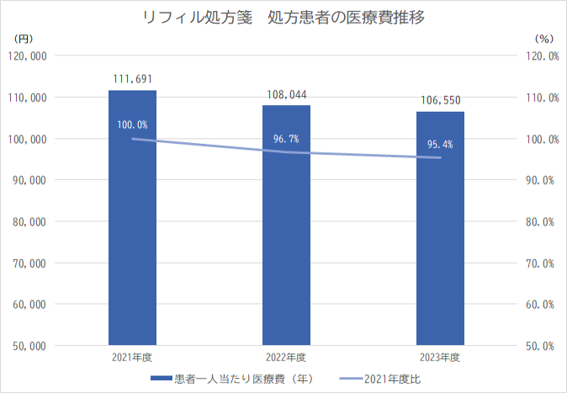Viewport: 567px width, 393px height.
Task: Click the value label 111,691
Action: (132, 79)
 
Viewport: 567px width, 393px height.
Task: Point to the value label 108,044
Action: (286, 94)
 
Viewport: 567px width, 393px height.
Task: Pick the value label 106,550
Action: (440, 101)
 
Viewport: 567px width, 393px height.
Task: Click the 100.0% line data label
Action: (132, 125)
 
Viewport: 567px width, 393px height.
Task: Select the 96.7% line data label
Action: (286, 138)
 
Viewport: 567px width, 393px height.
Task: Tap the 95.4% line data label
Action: (440, 144)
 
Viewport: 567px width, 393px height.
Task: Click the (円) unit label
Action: (24, 38)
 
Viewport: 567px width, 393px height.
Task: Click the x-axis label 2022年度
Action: (286, 358)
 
